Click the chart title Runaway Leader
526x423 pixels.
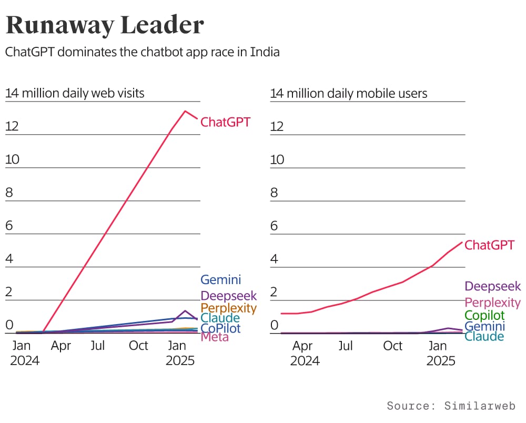coord(104,25)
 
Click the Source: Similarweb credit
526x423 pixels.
coord(451,406)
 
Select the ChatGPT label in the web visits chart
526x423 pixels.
coord(226,122)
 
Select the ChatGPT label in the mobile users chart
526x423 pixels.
coord(490,245)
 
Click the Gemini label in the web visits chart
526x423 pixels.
coord(220,279)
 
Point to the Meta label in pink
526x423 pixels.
coord(215,337)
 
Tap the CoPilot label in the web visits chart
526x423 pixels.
coord(220,328)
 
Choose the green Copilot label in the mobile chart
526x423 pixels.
coord(484,315)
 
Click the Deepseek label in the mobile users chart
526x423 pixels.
coord(493,286)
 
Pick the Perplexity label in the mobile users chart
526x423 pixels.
coord(493,303)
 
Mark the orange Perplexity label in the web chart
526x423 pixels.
coord(229,308)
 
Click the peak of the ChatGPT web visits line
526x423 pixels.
coord(185,111)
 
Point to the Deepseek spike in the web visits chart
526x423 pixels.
coord(185,310)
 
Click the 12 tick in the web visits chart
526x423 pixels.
coord(12,126)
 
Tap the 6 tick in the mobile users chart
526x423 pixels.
coord(274,226)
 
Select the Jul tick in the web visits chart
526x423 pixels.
coord(98,346)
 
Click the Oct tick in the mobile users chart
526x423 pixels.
coord(393,346)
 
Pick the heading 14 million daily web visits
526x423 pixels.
coord(75,94)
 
